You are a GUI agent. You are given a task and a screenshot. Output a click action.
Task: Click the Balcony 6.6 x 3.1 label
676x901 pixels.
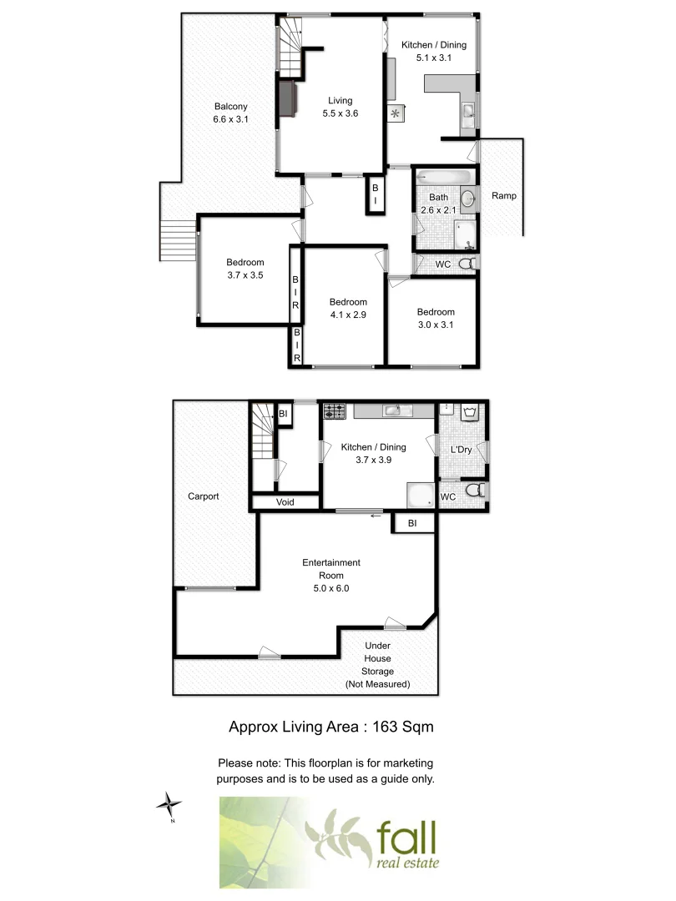[230, 113]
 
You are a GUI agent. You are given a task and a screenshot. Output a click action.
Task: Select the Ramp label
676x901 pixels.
[503, 196]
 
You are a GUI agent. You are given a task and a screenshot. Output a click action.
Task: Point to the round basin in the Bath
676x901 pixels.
[468, 198]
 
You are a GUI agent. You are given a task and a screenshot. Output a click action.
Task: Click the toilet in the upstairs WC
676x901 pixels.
[468, 264]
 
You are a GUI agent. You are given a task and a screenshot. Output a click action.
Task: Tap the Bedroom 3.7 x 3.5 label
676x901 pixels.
[245, 268]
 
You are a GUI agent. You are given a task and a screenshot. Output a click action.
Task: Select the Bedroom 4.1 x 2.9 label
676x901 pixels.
[347, 308]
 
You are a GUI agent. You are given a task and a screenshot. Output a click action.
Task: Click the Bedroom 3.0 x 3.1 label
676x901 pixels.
[436, 318]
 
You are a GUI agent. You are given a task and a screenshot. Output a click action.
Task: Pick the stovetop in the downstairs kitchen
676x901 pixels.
[335, 410]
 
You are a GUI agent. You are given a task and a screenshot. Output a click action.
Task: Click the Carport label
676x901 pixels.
[203, 496]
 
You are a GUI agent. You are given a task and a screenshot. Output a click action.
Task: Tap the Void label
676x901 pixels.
[285, 502]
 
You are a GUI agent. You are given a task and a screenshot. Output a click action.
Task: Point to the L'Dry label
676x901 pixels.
[462, 450]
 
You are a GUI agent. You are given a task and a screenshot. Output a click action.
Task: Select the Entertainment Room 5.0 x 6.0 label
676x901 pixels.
[331, 575]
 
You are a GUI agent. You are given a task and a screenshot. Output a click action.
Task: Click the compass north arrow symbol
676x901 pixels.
[170, 805]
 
